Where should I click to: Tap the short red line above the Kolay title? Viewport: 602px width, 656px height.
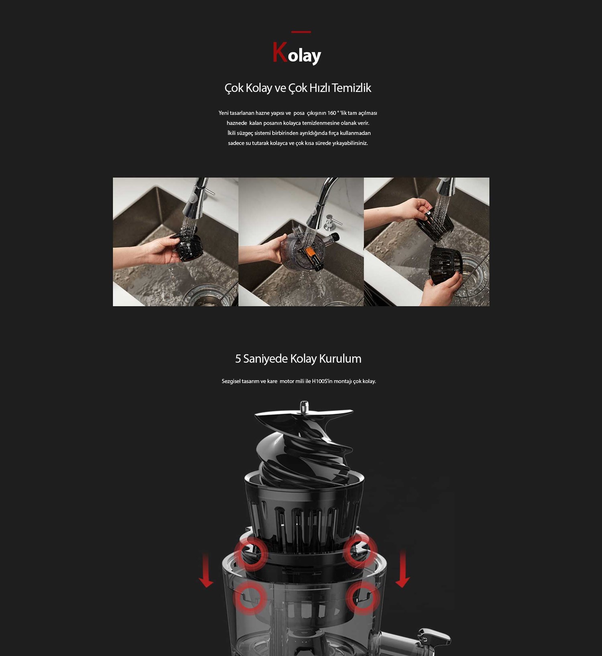(x=301, y=32)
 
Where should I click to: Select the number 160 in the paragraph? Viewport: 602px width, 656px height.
(x=332, y=113)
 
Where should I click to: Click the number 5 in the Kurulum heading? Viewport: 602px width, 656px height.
(x=238, y=359)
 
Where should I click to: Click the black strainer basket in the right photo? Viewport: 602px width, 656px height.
(x=446, y=264)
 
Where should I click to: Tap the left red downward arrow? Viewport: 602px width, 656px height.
(x=206, y=570)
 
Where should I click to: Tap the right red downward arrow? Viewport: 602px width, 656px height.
(x=403, y=569)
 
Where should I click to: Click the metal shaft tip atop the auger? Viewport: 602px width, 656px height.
(x=304, y=405)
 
